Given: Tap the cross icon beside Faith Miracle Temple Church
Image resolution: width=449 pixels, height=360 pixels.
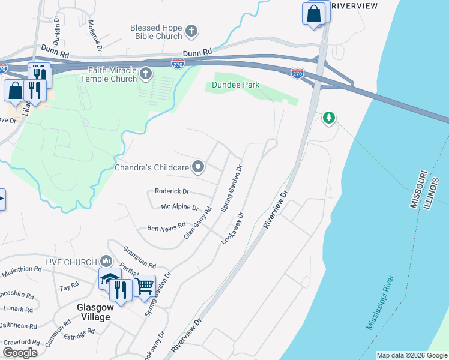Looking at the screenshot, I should pos(146,74).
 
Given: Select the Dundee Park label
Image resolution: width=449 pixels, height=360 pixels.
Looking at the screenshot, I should pos(237,85).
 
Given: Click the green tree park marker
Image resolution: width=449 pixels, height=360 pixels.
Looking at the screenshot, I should pos(328,118).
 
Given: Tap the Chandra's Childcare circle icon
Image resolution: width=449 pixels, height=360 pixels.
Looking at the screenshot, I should pos(199,168).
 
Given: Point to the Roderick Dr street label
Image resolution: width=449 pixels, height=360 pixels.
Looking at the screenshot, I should pos(172,191).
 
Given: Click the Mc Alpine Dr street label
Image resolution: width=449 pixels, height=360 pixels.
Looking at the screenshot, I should pos(179,207).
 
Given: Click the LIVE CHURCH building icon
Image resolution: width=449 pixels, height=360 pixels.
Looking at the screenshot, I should pos(106,261).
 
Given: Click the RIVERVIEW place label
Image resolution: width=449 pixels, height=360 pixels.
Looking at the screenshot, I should pos(354,6).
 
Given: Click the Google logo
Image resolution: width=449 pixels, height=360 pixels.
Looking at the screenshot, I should pos(20,353).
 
